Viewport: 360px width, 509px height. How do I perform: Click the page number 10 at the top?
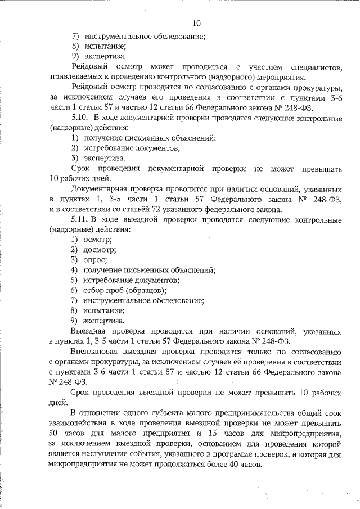click(x=196, y=23)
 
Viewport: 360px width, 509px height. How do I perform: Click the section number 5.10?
click(x=81, y=118)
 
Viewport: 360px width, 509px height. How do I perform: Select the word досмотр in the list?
click(x=98, y=250)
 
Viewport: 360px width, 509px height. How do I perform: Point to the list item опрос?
click(x=95, y=260)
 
